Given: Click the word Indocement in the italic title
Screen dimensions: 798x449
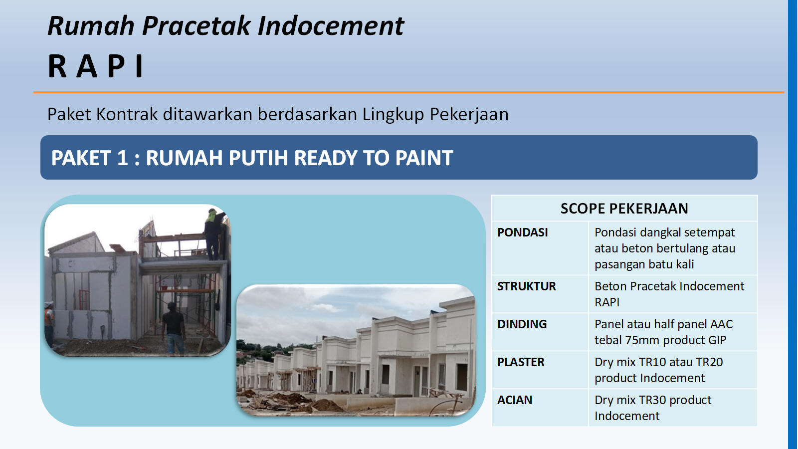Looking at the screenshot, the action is tap(331, 26).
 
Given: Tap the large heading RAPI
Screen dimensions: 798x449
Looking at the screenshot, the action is tap(96, 66).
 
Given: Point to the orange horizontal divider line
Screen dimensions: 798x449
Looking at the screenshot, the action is tap(408, 92).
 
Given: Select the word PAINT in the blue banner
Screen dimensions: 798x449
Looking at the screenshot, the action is tap(424, 158).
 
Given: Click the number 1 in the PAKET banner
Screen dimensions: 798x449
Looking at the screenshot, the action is tap(122, 158).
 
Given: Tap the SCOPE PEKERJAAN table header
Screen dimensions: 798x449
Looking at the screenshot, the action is tap(624, 209).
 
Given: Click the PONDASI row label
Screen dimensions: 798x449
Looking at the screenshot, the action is tap(523, 232).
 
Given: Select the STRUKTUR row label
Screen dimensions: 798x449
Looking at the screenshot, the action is tap(527, 286).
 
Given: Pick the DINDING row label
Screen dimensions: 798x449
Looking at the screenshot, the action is tap(522, 324).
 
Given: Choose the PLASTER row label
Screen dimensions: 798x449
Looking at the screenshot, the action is tap(521, 362).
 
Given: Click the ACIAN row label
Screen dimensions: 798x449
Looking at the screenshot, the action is tap(515, 400).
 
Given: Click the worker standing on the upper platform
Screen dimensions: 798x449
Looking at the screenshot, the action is tap(214, 234).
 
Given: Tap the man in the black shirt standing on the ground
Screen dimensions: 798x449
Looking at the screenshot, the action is tap(174, 328).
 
